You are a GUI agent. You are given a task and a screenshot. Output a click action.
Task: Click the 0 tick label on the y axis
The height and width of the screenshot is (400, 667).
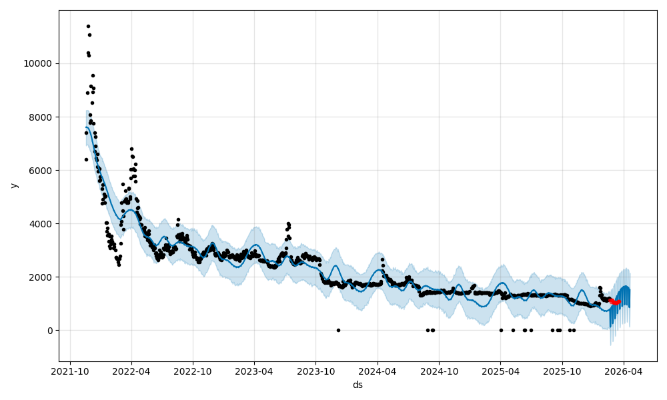click(50, 331)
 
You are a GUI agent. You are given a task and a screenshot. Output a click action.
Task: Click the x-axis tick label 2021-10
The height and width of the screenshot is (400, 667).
click(70, 372)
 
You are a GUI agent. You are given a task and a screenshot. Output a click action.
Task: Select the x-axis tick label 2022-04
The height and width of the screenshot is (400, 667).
click(131, 372)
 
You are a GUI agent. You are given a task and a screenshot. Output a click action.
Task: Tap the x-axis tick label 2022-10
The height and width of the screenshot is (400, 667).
click(193, 372)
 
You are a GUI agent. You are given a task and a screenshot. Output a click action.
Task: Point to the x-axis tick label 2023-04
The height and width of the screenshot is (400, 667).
click(255, 372)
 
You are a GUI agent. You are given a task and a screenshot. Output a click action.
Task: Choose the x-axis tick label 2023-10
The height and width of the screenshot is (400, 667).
click(316, 372)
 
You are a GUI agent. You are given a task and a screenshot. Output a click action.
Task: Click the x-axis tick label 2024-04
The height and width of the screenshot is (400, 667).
click(378, 372)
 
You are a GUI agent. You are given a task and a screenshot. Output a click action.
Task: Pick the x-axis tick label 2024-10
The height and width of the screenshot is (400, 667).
click(440, 372)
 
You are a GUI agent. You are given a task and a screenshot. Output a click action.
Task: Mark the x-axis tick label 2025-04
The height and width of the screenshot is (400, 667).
click(501, 372)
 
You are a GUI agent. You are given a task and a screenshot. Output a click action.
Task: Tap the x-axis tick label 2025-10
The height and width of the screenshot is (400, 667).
click(562, 372)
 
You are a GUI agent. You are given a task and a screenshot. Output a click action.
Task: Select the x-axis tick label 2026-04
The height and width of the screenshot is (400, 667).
click(624, 372)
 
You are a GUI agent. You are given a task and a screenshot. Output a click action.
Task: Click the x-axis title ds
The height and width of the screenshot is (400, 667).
click(358, 385)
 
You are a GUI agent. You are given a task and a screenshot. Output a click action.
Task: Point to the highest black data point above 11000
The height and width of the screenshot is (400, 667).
click(88, 26)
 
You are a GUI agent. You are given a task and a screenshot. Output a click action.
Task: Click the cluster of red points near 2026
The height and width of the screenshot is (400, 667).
click(614, 302)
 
